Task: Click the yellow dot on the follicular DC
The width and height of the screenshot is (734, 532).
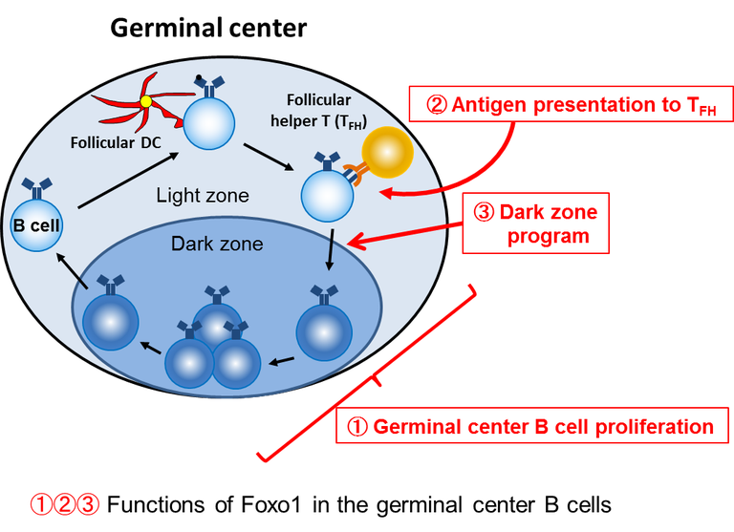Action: [x=146, y=100]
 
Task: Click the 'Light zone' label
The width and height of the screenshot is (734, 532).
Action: [x=202, y=196]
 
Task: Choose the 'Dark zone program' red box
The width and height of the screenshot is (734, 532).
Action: [x=535, y=224]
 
